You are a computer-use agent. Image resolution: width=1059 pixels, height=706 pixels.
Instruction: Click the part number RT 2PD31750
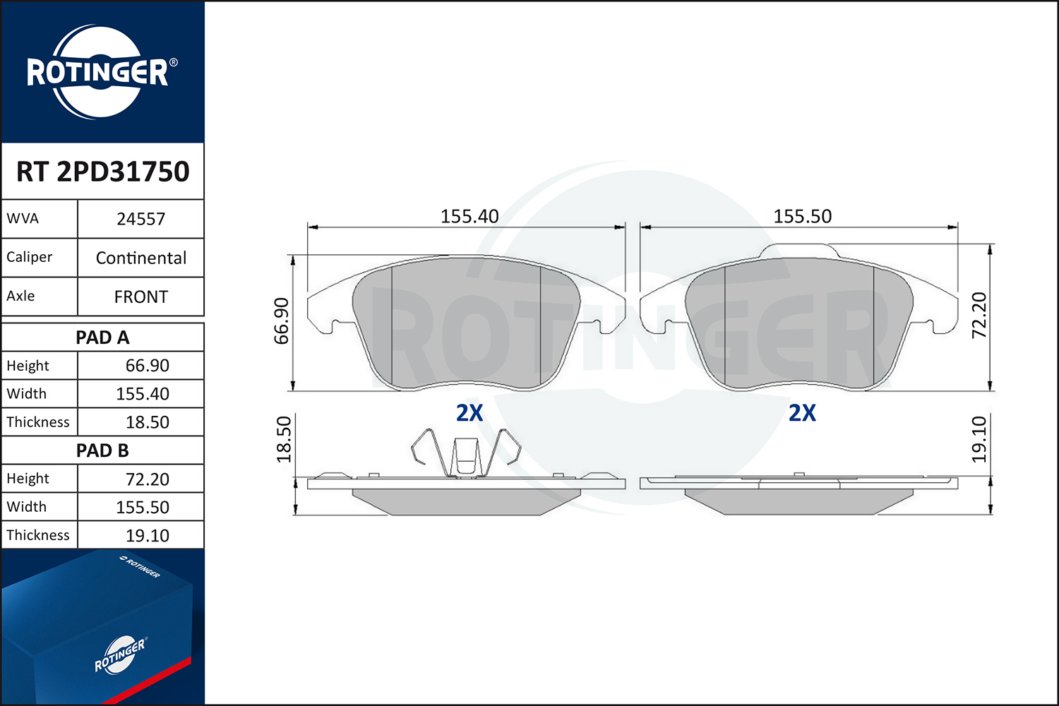coord(102,171)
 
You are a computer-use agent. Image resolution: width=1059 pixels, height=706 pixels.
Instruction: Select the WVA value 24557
coord(141,219)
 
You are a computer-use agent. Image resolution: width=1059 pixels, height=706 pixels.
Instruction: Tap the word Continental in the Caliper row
coord(141,258)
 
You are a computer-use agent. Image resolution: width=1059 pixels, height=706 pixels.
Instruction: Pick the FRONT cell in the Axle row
coord(141,297)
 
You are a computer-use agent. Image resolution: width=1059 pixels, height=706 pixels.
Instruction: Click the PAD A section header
coord(102,337)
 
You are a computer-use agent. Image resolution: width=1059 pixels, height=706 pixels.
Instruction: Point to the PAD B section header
coord(102,450)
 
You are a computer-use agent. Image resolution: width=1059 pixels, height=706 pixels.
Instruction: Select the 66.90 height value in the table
coord(147,366)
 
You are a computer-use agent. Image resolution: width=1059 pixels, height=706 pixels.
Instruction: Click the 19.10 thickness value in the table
coord(147,535)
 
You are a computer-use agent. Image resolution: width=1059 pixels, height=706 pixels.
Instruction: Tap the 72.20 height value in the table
coord(147,479)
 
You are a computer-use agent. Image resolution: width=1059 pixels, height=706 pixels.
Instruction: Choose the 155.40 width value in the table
coord(143,394)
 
